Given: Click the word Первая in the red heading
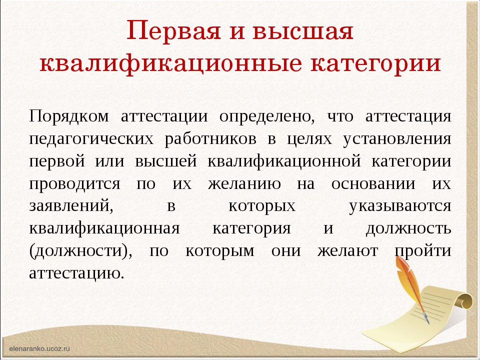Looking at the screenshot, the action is [173, 31].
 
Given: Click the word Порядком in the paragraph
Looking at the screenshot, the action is [69, 116].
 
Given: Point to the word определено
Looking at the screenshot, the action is [267, 117].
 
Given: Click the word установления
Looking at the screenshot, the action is [397, 139].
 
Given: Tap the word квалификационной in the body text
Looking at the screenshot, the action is [284, 161].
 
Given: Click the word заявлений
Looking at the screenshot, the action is [71, 205].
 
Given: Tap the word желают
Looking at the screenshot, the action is [347, 251].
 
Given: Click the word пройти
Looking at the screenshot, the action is [423, 251].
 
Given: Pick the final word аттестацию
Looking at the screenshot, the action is [76, 273].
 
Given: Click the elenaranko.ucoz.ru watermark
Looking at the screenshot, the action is [39, 348].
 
